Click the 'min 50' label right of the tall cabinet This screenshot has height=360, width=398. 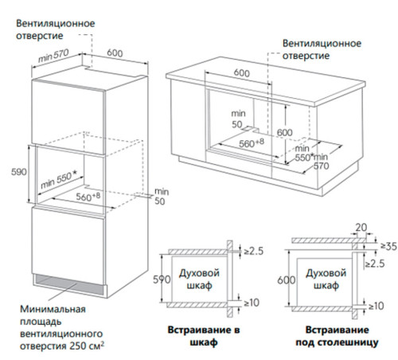162,197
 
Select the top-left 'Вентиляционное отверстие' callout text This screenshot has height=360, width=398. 53,29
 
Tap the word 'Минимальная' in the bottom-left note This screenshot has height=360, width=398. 45,306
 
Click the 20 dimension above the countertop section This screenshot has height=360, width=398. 363,228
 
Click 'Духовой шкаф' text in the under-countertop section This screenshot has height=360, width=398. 323,280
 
